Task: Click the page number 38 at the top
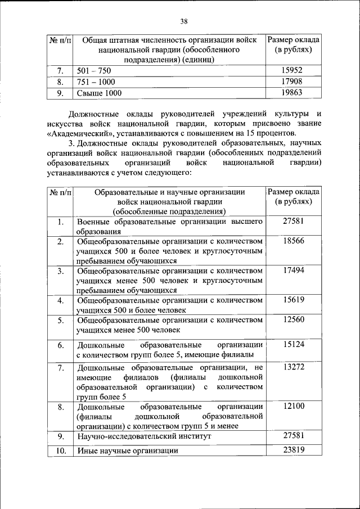click(x=184, y=21)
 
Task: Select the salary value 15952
click(x=293, y=71)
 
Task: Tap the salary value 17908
click(x=293, y=82)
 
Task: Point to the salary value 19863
click(x=293, y=93)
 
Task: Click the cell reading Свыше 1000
click(x=99, y=93)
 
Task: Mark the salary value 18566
click(x=294, y=241)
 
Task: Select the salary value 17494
click(x=294, y=270)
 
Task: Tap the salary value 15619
click(x=294, y=300)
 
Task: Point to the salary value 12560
click(x=294, y=319)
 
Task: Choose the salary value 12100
click(x=294, y=406)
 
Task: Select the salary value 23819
click(x=294, y=449)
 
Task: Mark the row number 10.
click(x=60, y=450)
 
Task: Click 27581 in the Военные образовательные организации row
click(x=294, y=221)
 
